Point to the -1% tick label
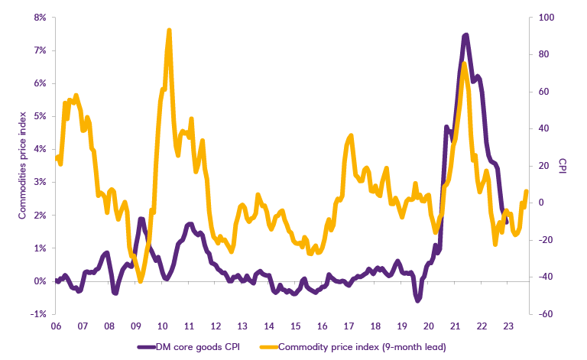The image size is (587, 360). (x=39, y=314)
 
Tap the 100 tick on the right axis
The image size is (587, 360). (x=547, y=17)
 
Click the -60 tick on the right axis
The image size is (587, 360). (x=547, y=314)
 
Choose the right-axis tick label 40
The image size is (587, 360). (x=546, y=128)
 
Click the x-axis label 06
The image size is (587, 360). (x=56, y=325)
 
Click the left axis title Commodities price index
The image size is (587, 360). (x=22, y=165)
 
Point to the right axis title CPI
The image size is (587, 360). (x=563, y=165)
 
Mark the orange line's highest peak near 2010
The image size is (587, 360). (x=168, y=31)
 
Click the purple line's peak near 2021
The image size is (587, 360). (x=465, y=35)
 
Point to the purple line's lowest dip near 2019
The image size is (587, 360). (x=418, y=300)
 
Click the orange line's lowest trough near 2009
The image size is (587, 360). (x=139, y=281)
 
